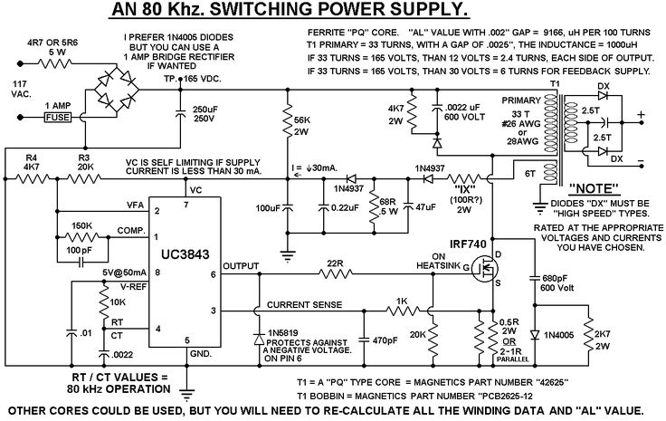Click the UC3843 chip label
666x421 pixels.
tap(186, 254)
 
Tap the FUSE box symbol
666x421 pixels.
tap(58, 118)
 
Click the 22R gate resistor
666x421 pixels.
tap(336, 274)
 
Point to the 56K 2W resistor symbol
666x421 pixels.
tap(288, 121)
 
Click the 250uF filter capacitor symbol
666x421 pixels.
tap(180, 113)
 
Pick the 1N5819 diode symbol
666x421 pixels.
tap(259, 339)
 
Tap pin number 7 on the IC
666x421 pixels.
tap(186, 205)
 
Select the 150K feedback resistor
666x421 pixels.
tap(83, 237)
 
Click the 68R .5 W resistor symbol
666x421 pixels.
tap(375, 206)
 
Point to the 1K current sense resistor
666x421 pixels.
tap(403, 311)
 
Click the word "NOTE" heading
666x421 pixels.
tap(593, 188)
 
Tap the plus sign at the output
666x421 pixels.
tap(641, 114)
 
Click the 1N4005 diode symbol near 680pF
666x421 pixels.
tap(535, 335)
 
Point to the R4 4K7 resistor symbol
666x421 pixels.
tap(32, 179)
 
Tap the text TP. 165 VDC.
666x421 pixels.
tap(193, 79)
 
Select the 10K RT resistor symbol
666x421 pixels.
tap(103, 301)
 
